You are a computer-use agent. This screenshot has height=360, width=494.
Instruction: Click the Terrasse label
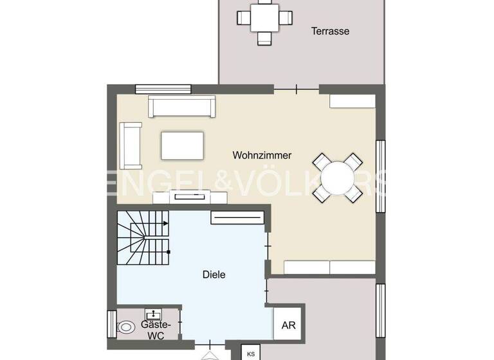tap(331, 31)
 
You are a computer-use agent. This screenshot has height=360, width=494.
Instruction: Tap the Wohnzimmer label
tap(262, 155)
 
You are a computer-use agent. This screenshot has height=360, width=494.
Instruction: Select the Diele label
tap(214, 274)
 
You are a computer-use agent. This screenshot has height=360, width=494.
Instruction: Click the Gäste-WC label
tap(155, 329)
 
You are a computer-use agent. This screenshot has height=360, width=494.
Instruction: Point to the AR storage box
tap(288, 325)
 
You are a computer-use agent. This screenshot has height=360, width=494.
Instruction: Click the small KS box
tap(250, 354)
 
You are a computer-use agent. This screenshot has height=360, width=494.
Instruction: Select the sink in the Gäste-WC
tap(154, 314)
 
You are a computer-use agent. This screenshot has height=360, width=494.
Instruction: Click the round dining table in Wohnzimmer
tap(338, 177)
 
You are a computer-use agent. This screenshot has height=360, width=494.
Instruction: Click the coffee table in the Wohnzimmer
tap(183, 145)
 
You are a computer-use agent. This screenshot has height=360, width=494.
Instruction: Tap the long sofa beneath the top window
tap(182, 106)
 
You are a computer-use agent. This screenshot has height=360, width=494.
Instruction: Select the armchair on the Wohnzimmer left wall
tap(131, 145)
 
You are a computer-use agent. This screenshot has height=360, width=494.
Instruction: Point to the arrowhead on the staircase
tap(166, 223)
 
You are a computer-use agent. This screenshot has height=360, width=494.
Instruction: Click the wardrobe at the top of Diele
tap(237, 219)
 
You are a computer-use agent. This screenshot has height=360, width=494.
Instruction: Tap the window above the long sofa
tap(163, 89)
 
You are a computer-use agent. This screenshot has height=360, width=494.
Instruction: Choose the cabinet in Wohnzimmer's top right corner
tap(352, 101)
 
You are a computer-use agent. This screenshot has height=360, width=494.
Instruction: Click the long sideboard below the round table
tap(329, 267)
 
